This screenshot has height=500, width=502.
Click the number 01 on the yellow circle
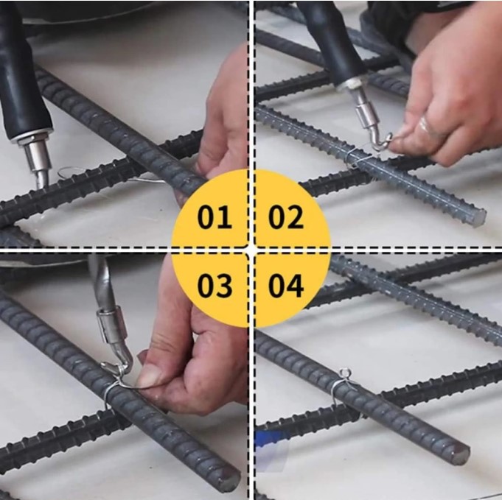pyautogui.click(x=214, y=218)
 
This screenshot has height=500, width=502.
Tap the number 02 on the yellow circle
pyautogui.click(x=285, y=218)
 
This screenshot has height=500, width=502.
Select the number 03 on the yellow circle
pyautogui.click(x=214, y=286)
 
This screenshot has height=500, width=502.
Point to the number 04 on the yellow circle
pyautogui.click(x=286, y=286)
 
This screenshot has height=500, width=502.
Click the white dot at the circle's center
pyautogui.click(x=251, y=250)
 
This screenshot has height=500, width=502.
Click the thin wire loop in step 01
pyautogui.click(x=74, y=174)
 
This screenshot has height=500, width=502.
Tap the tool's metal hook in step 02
pyautogui.click(x=380, y=141)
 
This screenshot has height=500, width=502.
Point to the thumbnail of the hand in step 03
pyautogui.click(x=151, y=376)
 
